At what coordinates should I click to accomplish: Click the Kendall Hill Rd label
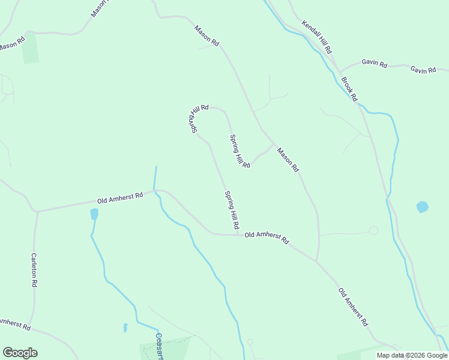pyautogui.click(x=317, y=37)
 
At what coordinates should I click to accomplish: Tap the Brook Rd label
pyautogui.click(x=349, y=88)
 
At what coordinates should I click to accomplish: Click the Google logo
pyautogui.click(x=20, y=353)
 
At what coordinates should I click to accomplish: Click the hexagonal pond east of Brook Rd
pyautogui.click(x=423, y=207)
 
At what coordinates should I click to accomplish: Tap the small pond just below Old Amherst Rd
pyautogui.click(x=94, y=214)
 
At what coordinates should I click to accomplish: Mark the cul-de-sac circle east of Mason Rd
pyautogui.click(x=373, y=230)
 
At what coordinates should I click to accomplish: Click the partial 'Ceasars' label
pyautogui.click(x=160, y=346)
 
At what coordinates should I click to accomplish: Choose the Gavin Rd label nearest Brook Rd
pyautogui.click(x=375, y=64)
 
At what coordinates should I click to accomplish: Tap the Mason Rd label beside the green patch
pyautogui.click(x=11, y=44)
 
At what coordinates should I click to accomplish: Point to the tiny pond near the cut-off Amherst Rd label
pyautogui.click(x=125, y=328)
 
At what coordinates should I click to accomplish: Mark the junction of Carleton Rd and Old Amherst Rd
pyautogui.click(x=37, y=212)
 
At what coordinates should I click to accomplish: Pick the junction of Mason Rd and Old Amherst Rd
pyautogui.click(x=317, y=262)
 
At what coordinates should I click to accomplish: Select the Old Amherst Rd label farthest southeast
pyautogui.click(x=353, y=306)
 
